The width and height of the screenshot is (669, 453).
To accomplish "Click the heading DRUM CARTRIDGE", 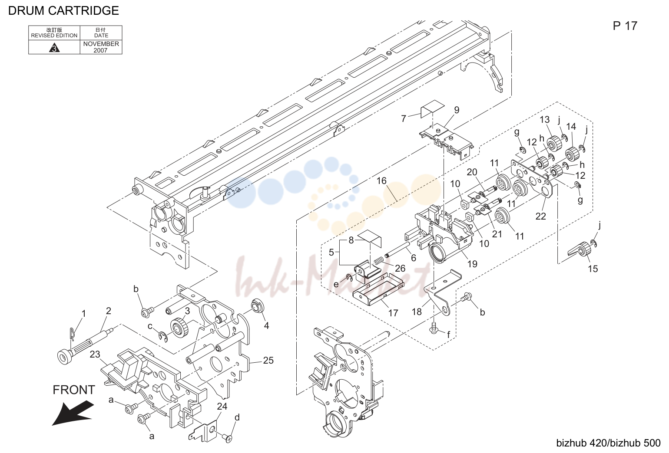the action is tap(63, 11).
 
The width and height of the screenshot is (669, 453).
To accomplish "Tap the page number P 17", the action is tap(625, 26).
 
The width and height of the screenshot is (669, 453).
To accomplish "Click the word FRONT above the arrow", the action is tap(74, 390).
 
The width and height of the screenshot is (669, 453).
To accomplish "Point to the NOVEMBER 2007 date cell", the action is tap(101, 47).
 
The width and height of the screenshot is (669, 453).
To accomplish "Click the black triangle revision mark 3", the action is tap(54, 48).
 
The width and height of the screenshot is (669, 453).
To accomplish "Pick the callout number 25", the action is tap(268, 360).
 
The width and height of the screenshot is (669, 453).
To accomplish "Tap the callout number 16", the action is tap(381, 181).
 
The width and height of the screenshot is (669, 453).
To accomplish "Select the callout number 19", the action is tap(472, 264).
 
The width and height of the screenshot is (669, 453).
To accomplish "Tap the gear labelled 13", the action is tap(554, 143).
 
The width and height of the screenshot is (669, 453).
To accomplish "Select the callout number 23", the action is tap(95, 355).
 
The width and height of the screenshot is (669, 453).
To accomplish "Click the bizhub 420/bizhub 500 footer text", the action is tap(608, 443).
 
